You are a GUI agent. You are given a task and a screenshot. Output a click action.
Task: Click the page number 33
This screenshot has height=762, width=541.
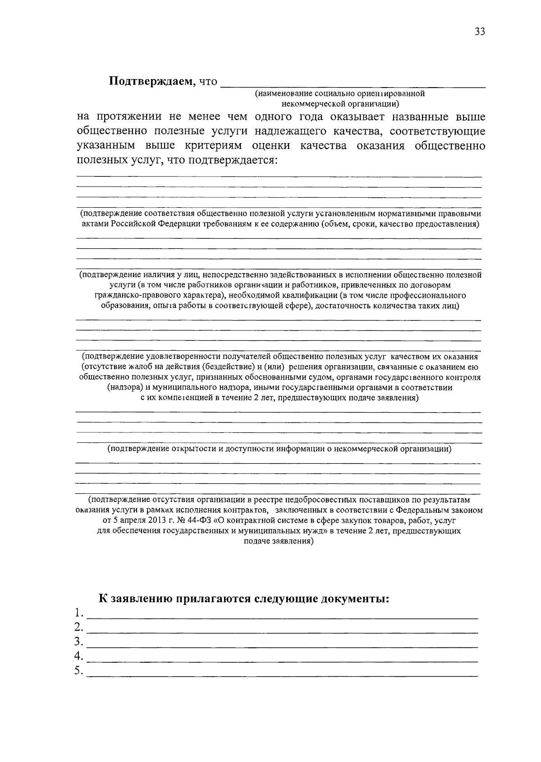[x=479, y=32]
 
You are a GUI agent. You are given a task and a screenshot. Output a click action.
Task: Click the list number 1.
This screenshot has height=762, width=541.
[x=79, y=613]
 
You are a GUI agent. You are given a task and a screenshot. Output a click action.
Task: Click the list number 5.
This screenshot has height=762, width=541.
[x=79, y=671]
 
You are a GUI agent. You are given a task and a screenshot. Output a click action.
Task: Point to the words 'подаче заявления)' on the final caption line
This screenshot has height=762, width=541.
[x=279, y=541]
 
